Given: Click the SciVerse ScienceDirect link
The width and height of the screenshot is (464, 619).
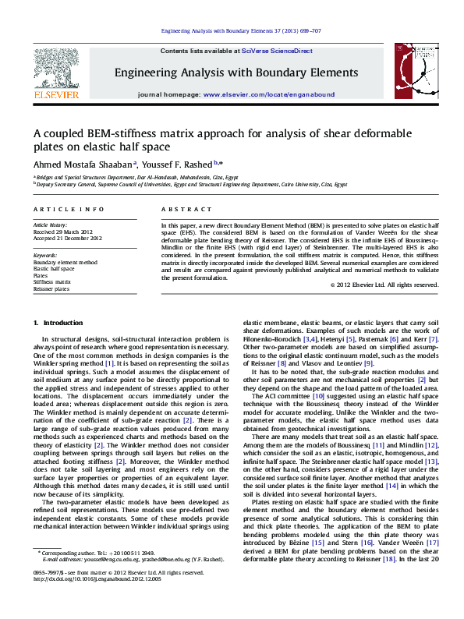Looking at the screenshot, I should point(277,51).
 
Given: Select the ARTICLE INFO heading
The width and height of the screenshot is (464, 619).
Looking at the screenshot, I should point(68,210).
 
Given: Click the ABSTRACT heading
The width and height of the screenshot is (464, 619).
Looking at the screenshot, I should point(181,210).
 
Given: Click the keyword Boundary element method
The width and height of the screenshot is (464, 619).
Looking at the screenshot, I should point(65,264).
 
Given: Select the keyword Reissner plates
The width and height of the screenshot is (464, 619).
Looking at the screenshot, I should point(51,288).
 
